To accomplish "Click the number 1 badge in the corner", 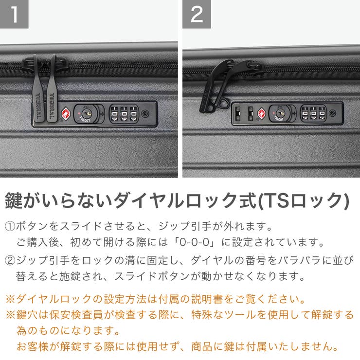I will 14,14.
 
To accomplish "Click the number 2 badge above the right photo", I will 197,14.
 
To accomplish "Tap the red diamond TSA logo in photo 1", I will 66,114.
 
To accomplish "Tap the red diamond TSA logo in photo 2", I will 261,114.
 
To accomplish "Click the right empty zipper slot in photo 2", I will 250,114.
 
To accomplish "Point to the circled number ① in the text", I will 10,227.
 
